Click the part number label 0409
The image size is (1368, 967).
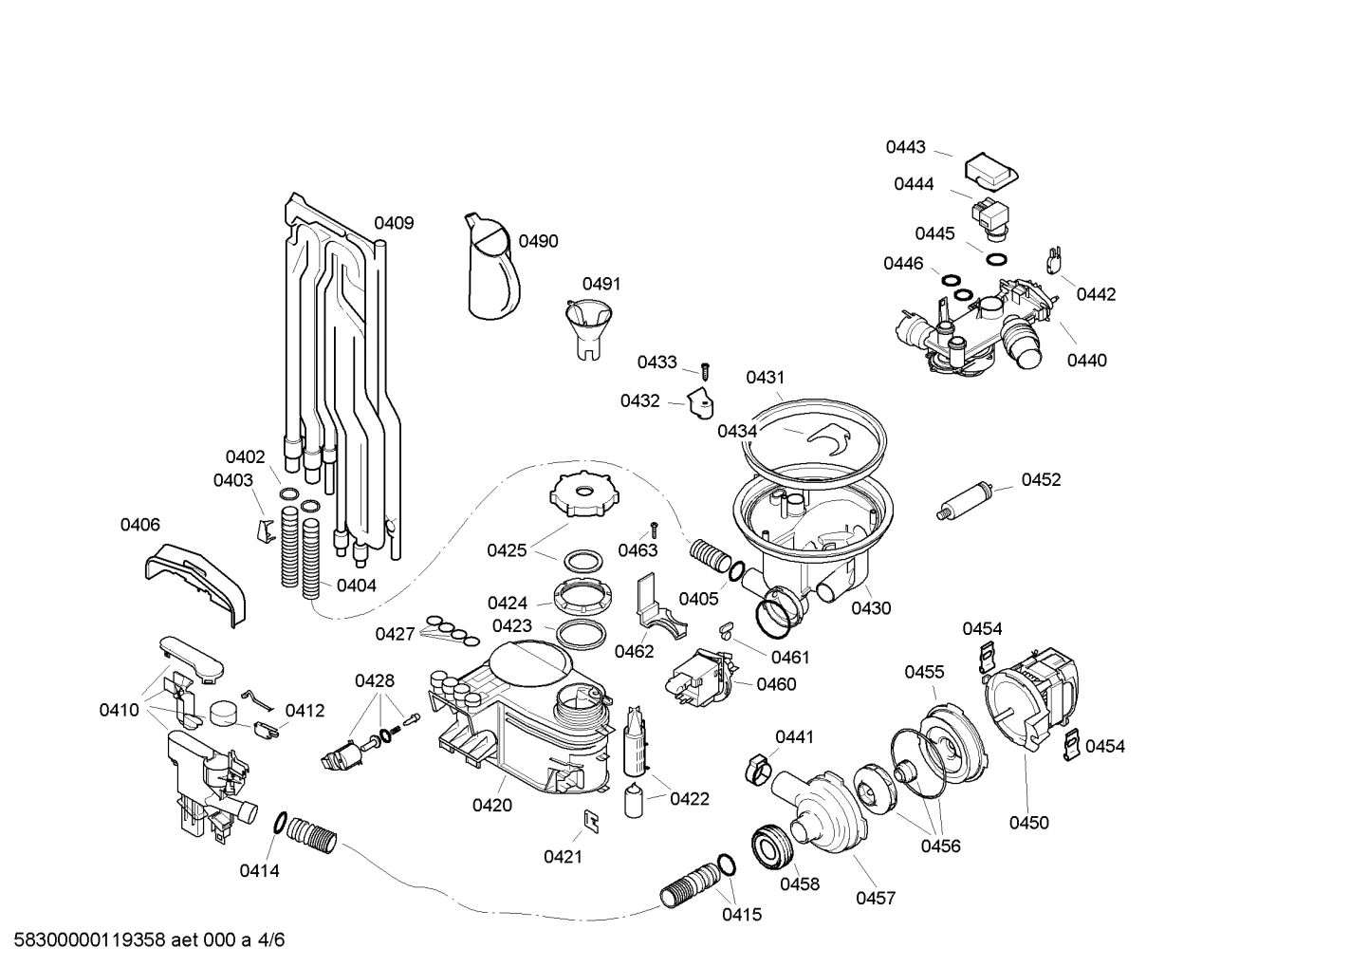[x=393, y=224]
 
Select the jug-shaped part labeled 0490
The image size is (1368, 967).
[x=491, y=268]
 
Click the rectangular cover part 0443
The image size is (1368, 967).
[x=990, y=172]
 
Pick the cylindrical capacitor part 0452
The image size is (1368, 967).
[x=965, y=498]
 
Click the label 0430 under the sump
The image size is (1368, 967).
[x=871, y=608]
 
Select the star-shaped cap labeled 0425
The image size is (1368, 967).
[x=577, y=494]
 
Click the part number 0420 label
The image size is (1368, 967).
[x=492, y=806]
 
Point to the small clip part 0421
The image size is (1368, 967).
[x=590, y=821]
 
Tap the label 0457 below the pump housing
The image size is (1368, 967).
[x=875, y=898]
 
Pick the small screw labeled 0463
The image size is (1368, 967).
[x=654, y=530]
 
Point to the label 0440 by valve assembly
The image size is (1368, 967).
[x=1086, y=361]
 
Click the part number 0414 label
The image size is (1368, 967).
[x=259, y=870]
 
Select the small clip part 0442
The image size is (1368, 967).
[x=1053, y=260]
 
